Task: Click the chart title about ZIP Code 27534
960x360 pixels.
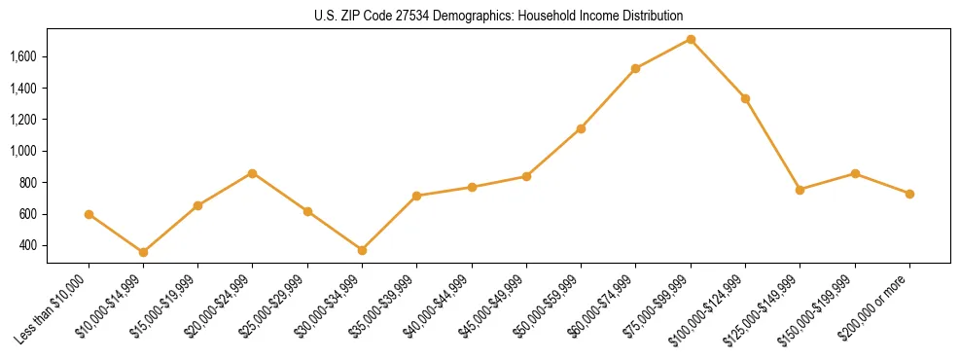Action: [x=499, y=16]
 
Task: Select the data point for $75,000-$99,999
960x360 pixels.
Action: [x=691, y=39]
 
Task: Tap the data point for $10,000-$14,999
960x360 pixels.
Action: [x=143, y=252]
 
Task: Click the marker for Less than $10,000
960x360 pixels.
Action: [x=89, y=214]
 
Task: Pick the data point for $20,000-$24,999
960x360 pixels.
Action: [x=253, y=173]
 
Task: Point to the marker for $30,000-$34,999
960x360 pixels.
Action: [x=362, y=250]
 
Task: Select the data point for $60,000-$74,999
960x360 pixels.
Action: [x=635, y=68]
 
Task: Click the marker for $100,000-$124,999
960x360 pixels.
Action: [x=745, y=98]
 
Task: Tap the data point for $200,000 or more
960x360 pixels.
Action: [x=909, y=194]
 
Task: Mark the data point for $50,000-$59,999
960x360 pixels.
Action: [x=581, y=128]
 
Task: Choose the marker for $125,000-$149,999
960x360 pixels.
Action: [x=800, y=190]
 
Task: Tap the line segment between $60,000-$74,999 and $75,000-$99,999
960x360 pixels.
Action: [x=663, y=54]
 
